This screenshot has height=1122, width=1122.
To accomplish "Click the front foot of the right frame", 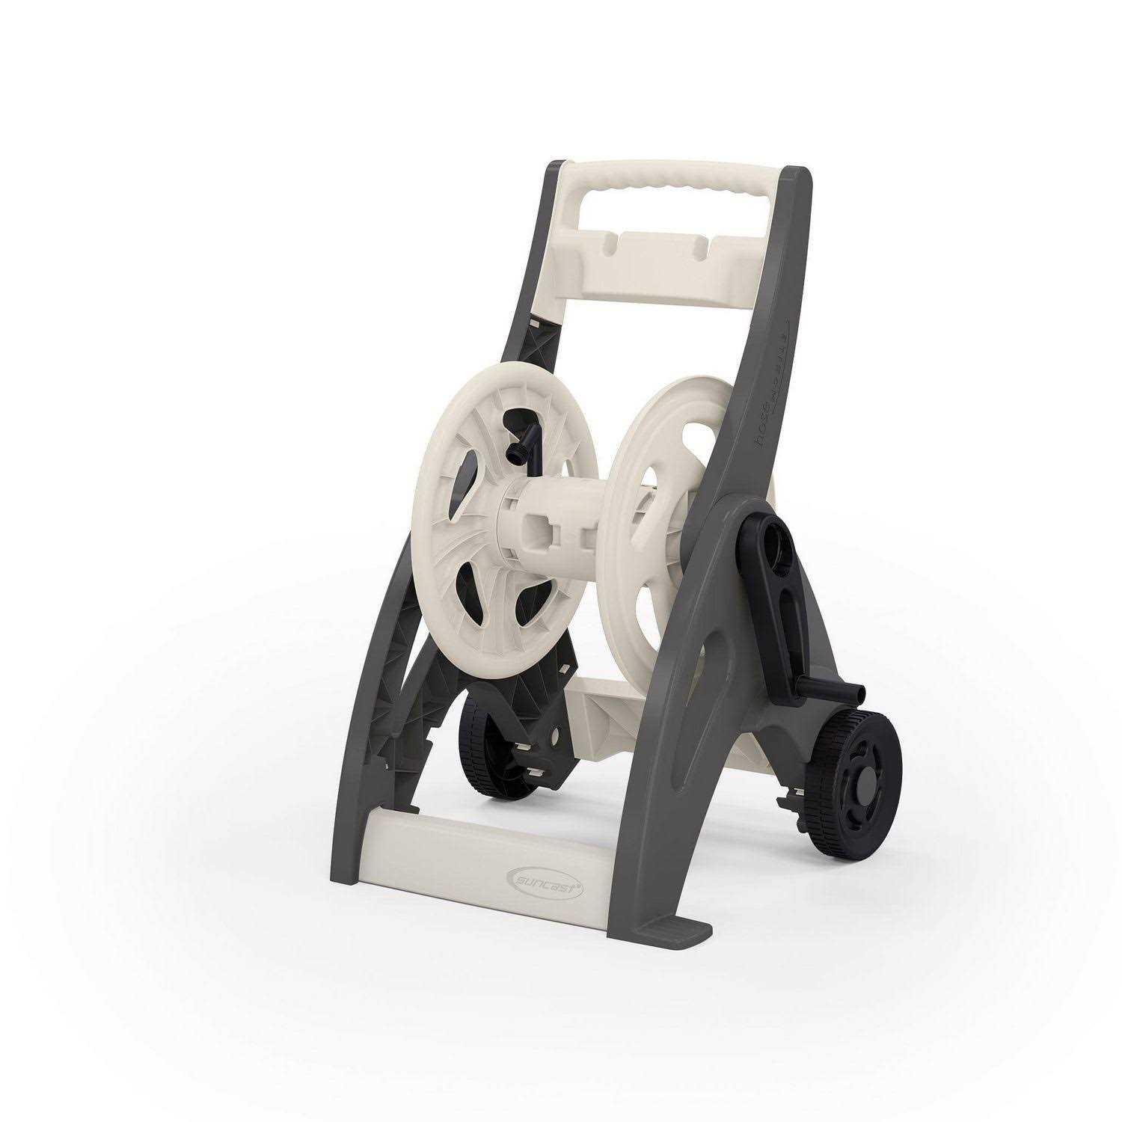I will pos(688,932).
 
